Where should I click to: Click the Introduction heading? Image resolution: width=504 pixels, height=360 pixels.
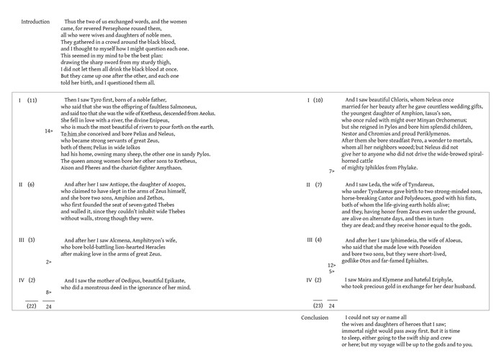[35, 22]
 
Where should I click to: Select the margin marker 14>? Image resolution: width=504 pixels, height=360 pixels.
[48, 131]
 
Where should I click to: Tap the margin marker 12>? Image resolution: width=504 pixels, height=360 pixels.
[332, 265]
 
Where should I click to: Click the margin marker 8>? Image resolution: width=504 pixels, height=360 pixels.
[48, 292]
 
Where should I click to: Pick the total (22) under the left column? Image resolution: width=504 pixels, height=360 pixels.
[32, 305]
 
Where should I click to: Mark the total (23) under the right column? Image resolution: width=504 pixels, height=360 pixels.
[318, 305]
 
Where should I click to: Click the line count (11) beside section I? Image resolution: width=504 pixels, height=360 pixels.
[32, 99]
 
